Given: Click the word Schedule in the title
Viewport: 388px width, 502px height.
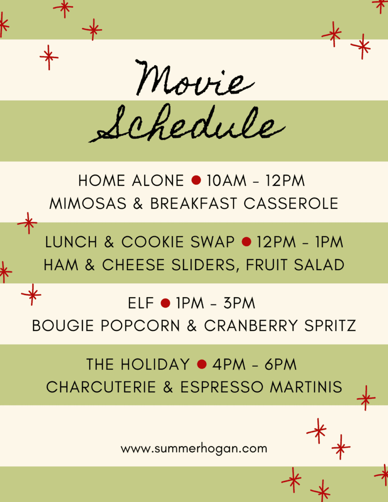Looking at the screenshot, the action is coord(187,125).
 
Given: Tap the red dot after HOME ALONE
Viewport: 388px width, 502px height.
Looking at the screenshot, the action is coord(196,180).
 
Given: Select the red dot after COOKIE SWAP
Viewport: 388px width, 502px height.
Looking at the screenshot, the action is coord(246,241).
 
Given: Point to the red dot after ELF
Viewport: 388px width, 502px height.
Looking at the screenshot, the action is coord(165,303).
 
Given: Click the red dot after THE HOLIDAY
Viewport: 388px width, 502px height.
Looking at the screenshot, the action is coord(202,364).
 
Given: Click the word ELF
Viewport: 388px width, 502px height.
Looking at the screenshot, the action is coord(141,303).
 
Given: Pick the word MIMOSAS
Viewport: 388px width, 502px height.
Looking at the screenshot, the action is coord(88,203).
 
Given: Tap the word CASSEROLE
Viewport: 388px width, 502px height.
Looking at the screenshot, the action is coord(291,203).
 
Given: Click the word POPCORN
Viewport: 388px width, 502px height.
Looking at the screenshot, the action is coord(140,326).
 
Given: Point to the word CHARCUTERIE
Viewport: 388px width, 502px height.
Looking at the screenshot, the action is coord(101,387).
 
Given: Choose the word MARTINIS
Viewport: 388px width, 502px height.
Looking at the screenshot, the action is coord(306,387).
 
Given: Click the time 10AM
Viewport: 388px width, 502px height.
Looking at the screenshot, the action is coord(227,180).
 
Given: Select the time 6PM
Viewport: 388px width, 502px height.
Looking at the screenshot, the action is coord(281,364).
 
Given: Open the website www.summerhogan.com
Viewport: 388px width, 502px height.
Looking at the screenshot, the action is coord(194,449).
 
